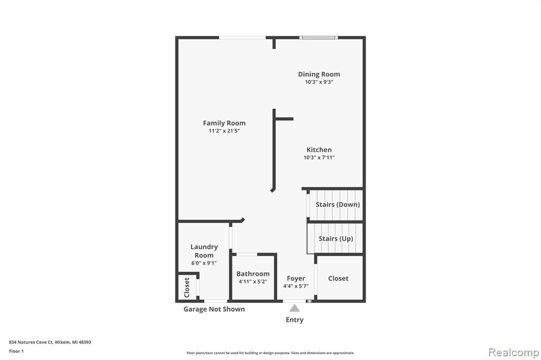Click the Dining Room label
319,74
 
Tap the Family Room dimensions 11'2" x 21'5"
224,131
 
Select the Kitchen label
319,150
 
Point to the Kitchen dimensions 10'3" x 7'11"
319,157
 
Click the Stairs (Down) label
338,204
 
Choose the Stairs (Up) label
336,239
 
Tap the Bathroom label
253,274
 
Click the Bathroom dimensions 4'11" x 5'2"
253,281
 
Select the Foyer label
296,278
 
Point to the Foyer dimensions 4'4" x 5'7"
296,286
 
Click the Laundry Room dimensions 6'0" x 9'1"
204,263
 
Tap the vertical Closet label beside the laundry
187,287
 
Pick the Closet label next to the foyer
338,278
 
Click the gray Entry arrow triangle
294,308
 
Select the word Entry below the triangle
295,320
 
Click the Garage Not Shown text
214,309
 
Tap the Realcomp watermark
514,353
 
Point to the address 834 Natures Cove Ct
31,342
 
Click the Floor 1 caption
16,351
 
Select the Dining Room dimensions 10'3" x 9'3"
319,82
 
